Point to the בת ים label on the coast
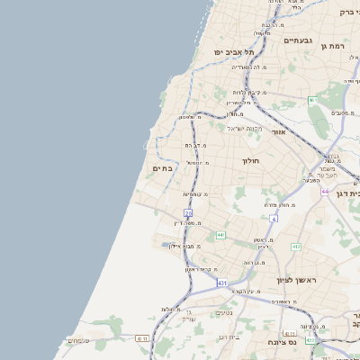tap(162, 167)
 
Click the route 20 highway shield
tap(188, 213)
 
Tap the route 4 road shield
tap(274, 218)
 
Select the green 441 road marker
tap(220, 235)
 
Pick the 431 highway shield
tap(221, 283)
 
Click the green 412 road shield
tap(296, 246)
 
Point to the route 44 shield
tap(324, 192)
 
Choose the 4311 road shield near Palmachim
tap(142, 338)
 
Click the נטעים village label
tap(224, 312)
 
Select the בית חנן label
tap(229, 337)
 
